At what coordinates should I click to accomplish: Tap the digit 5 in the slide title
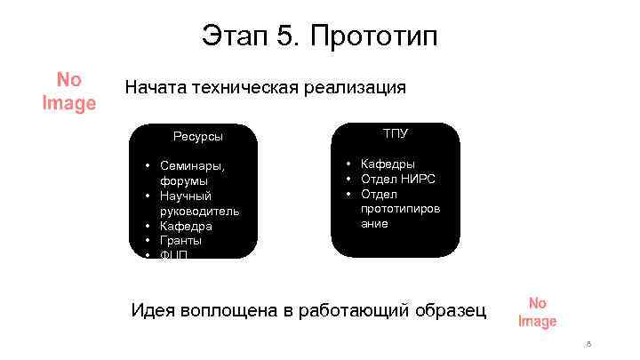click(287, 37)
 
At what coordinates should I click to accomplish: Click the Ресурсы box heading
click(198, 136)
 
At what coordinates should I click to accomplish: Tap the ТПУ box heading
click(396, 133)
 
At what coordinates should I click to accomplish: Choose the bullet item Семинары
click(192, 165)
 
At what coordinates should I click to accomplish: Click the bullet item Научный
click(186, 196)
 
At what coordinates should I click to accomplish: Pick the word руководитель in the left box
click(199, 211)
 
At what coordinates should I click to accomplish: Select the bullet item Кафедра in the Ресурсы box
click(186, 226)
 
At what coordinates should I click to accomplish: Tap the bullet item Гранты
click(180, 240)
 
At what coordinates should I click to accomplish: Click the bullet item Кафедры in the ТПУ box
click(387, 164)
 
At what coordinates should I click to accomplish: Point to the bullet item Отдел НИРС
click(397, 179)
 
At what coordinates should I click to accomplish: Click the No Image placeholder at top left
click(69, 92)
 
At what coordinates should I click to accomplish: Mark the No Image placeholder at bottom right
click(537, 312)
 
